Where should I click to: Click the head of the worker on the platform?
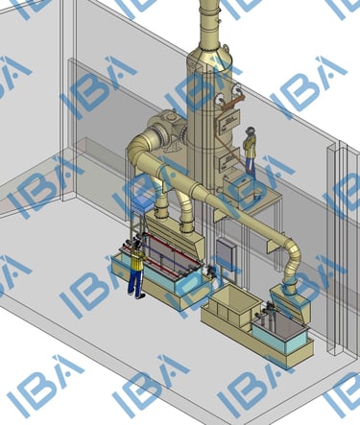point(250,130)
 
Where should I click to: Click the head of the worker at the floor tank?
point(137,245)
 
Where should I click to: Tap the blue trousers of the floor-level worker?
point(135,280)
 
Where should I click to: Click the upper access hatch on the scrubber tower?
point(229,121)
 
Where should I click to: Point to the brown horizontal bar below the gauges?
point(233,103)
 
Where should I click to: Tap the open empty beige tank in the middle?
point(231,303)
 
